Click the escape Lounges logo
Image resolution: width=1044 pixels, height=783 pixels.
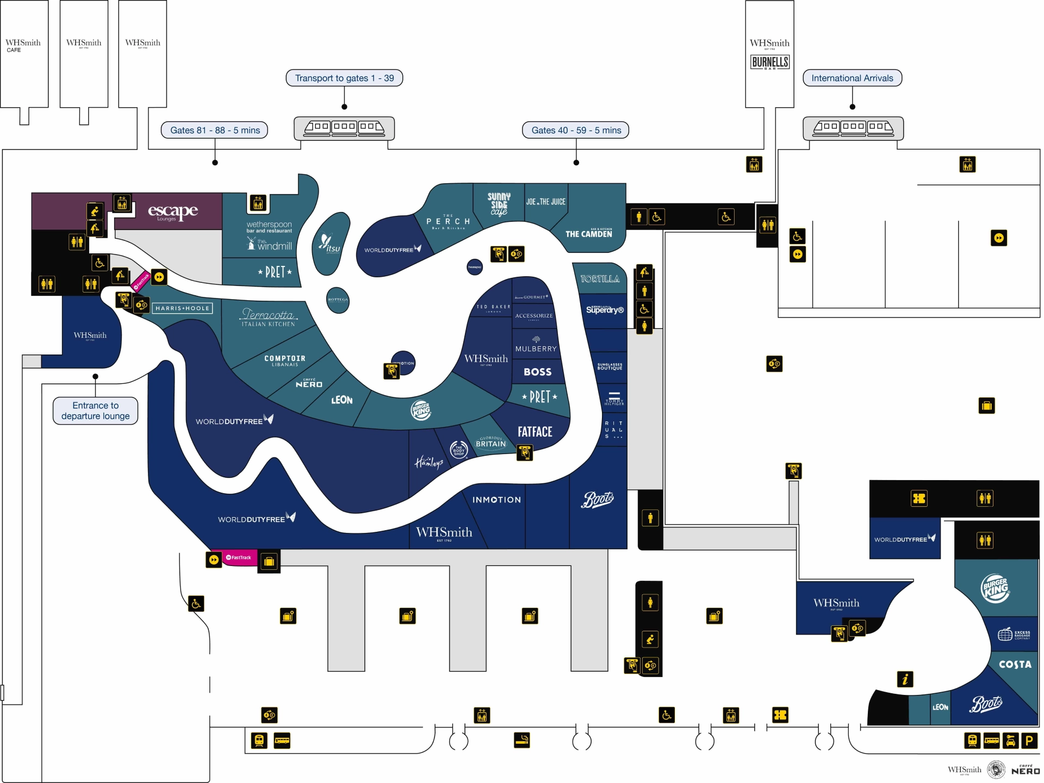coord(173,212)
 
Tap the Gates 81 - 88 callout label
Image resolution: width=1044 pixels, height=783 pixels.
coord(215,130)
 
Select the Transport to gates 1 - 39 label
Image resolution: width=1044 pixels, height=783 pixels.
coord(344,78)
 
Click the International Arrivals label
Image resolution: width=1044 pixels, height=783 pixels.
coord(852,78)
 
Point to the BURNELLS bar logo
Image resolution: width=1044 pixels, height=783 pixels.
coord(769,63)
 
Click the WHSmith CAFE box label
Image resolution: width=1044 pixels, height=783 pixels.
coord(23,45)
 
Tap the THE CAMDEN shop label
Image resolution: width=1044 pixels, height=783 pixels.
coord(588,234)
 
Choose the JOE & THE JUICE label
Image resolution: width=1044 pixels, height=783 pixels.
coord(545,202)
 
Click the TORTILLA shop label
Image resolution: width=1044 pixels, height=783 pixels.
coord(600,279)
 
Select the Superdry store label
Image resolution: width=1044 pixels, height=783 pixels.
coord(605,310)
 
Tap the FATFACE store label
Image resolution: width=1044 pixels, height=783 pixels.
coord(535,432)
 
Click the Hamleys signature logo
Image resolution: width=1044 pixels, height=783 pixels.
coord(429,463)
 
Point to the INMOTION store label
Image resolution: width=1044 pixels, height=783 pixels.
coord(496,500)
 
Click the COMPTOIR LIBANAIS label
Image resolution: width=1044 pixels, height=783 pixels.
coord(285,361)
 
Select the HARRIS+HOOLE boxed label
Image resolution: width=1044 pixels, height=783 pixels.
coord(182,308)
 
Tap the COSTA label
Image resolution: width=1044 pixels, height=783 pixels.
coord(1015,664)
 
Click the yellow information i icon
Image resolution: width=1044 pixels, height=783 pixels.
coord(905,679)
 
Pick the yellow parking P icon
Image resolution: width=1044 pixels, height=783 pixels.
coord(1029,741)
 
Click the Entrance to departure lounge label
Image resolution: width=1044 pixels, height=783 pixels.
coord(96,411)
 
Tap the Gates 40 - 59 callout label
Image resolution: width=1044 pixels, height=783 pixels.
coord(576,130)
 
